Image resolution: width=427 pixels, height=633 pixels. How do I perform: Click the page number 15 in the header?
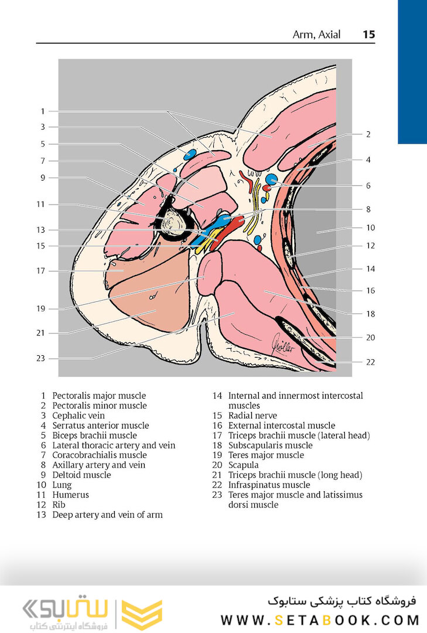pyautogui.click(x=368, y=35)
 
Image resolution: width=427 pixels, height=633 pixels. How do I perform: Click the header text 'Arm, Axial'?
pyautogui.click(x=316, y=35)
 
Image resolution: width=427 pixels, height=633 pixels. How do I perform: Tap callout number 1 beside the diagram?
pyautogui.click(x=42, y=111)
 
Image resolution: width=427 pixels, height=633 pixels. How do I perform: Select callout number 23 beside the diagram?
pyautogui.click(x=40, y=358)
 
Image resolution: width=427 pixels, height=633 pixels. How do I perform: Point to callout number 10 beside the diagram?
pyautogui.click(x=370, y=228)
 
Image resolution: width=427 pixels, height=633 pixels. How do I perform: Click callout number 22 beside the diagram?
pyautogui.click(x=370, y=362)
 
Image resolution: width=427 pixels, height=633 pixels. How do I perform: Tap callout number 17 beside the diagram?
pyautogui.click(x=40, y=271)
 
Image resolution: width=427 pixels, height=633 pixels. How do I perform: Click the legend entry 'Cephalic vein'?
pyautogui.click(x=80, y=416)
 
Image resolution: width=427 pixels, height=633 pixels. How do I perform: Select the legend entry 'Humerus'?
pyautogui.click(x=70, y=495)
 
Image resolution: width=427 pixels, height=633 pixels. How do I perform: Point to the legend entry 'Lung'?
pyautogui.click(x=62, y=485)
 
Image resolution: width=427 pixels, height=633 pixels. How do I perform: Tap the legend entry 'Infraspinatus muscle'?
pyautogui.click(x=269, y=485)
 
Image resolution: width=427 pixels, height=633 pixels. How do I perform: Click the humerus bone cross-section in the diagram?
pyautogui.click(x=173, y=223)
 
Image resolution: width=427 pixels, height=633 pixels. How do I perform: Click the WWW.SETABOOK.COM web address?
pyautogui.click(x=320, y=620)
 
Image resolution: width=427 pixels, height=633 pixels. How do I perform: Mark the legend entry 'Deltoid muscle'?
pyautogui.click(x=81, y=475)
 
